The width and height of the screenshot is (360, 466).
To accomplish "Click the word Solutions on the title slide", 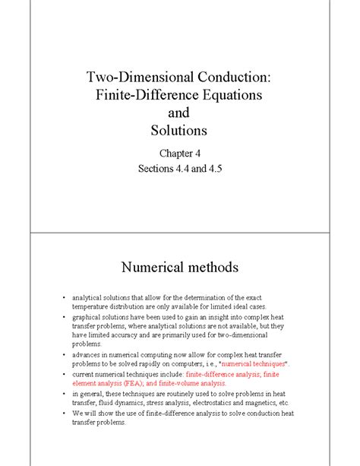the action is [x=180, y=132].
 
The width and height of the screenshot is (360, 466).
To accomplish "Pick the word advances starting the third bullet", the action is [x=87, y=354].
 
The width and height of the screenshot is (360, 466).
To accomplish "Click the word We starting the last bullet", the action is [x=77, y=414].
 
